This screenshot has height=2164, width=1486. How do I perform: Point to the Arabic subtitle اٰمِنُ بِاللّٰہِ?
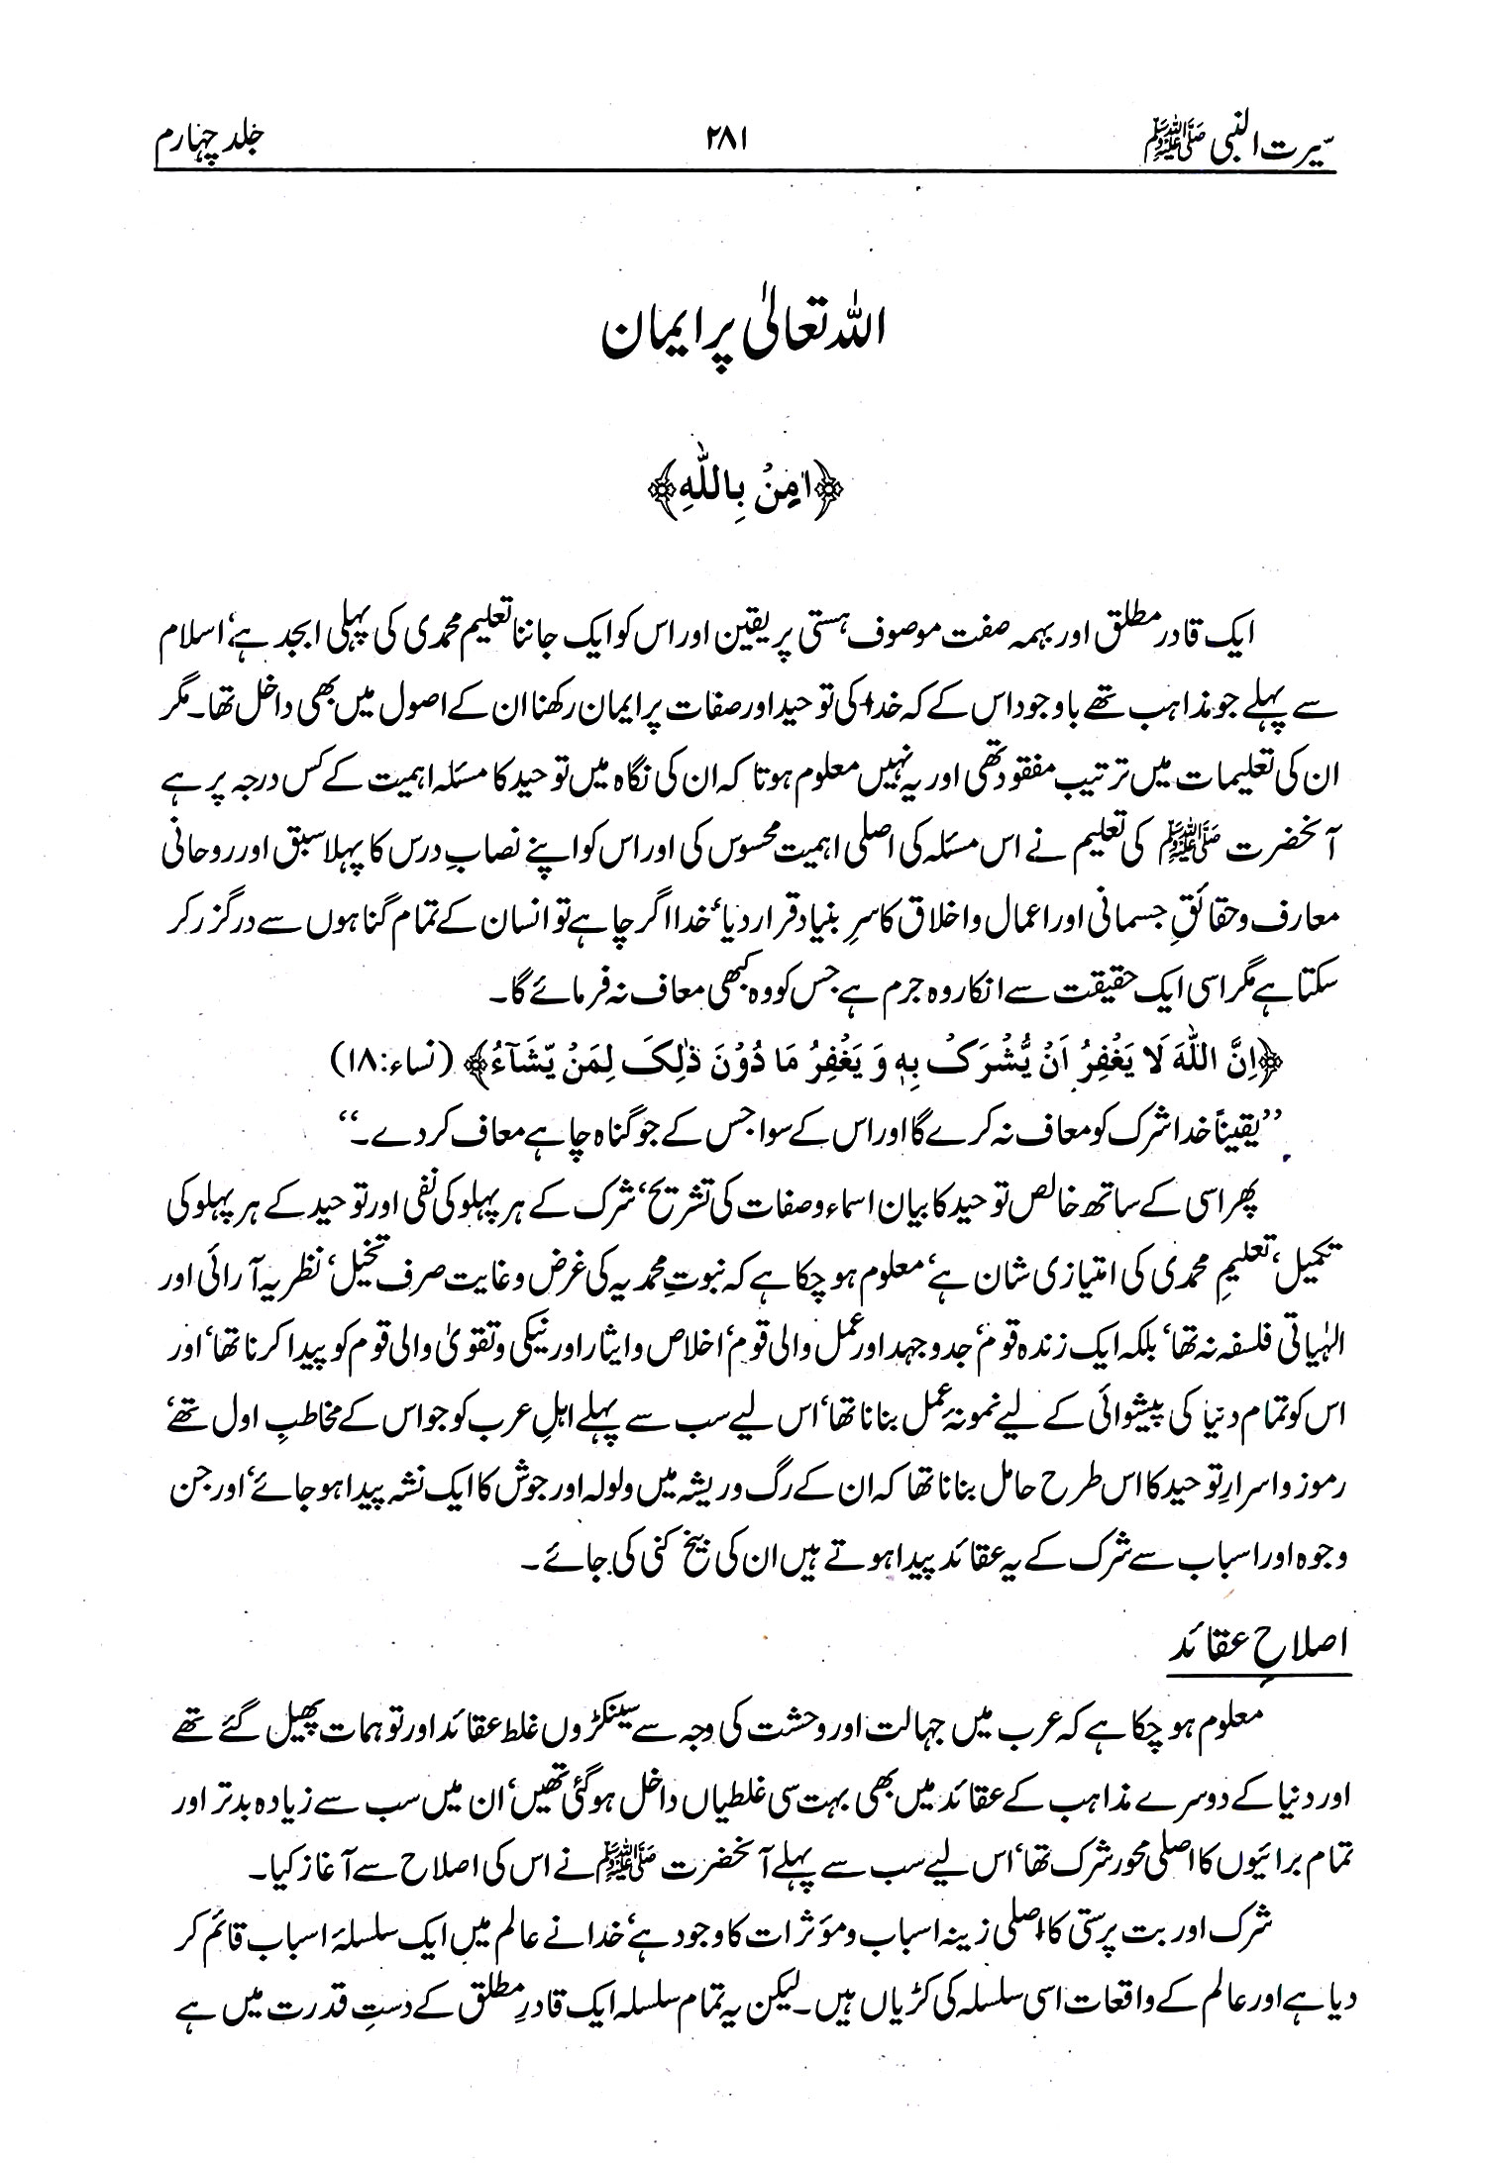click(x=743, y=489)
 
